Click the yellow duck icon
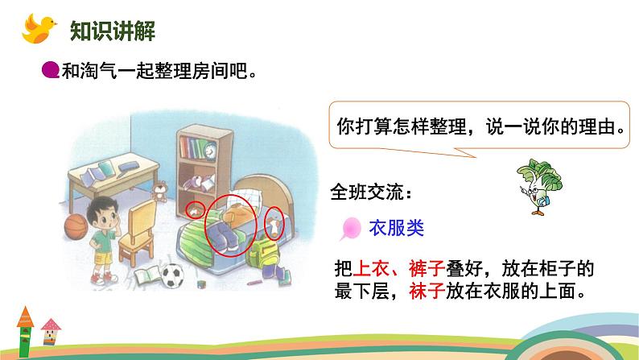[x=39, y=28]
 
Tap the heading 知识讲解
[x=113, y=31]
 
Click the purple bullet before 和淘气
[x=51, y=70]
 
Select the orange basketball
[x=76, y=226]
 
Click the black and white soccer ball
[x=173, y=276]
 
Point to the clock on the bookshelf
[x=210, y=151]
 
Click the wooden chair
[x=138, y=232]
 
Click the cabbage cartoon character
[x=538, y=186]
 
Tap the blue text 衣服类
[x=396, y=228]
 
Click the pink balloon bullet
[x=350, y=228]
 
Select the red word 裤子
[x=427, y=269]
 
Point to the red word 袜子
[x=427, y=292]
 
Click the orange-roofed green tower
[x=25, y=332]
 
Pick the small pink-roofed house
[x=50, y=332]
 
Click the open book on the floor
[x=147, y=275]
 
